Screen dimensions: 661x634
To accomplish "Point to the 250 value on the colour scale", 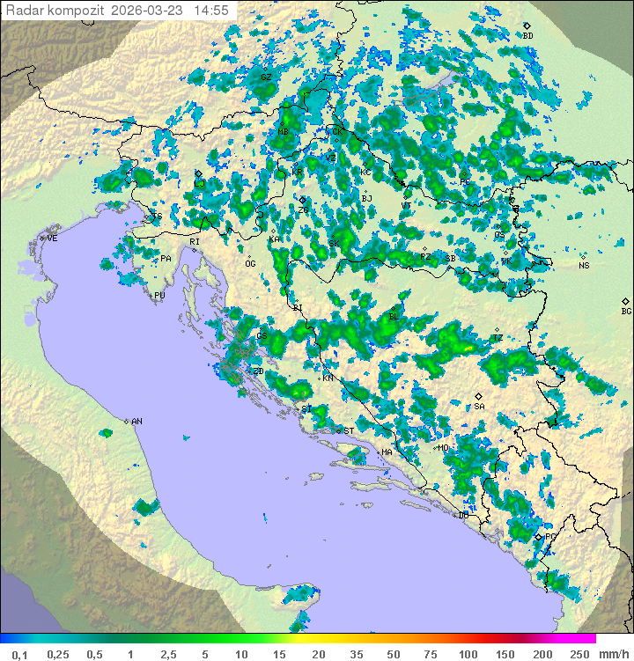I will tap(579, 654).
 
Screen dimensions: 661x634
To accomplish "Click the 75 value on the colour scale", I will tap(430, 654).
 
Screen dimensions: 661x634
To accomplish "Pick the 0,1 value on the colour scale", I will tap(20, 654).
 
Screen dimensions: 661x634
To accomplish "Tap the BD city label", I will tap(528, 36).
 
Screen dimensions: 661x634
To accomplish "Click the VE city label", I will tap(52, 239).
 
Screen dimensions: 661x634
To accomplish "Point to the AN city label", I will tap(136, 422).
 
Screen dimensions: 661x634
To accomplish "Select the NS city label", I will tap(583, 266).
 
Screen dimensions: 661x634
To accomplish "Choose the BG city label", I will tap(626, 311).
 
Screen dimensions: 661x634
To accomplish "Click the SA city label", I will tap(479, 407).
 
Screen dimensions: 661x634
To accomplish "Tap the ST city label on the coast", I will tap(349, 431).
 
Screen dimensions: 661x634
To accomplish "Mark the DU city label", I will tap(464, 516).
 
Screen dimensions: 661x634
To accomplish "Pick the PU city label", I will tap(159, 296).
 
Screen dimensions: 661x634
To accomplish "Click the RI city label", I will tap(195, 241).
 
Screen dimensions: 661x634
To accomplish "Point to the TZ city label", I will tap(498, 338).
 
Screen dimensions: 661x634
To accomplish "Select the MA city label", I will tap(387, 452).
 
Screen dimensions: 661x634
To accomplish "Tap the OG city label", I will tap(250, 264).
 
